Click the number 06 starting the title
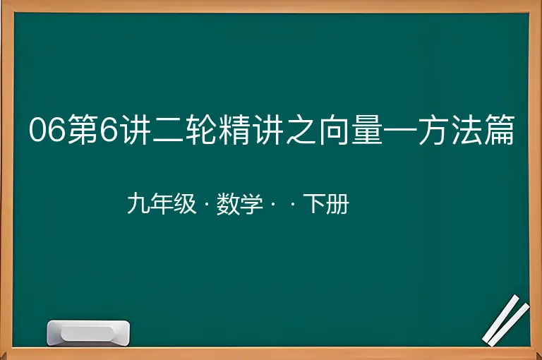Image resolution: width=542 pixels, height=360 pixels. click(x=47, y=130)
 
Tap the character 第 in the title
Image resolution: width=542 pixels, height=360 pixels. click(x=83, y=130)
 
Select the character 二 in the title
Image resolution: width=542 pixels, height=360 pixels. click(x=168, y=130)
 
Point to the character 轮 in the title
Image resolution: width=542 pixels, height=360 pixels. click(x=200, y=130)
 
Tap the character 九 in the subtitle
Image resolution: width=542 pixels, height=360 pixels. click(x=138, y=204)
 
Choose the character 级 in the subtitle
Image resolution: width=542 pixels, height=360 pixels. click(x=186, y=204)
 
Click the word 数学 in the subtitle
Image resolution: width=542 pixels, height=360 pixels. click(x=239, y=204)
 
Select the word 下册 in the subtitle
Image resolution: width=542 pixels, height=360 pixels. click(x=326, y=204)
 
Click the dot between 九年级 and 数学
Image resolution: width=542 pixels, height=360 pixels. click(x=207, y=205)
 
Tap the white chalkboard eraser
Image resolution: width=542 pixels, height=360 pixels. click(x=88, y=333)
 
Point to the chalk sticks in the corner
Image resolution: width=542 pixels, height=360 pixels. click(x=506, y=320)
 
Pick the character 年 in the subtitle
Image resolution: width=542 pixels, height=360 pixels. click(x=162, y=204)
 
